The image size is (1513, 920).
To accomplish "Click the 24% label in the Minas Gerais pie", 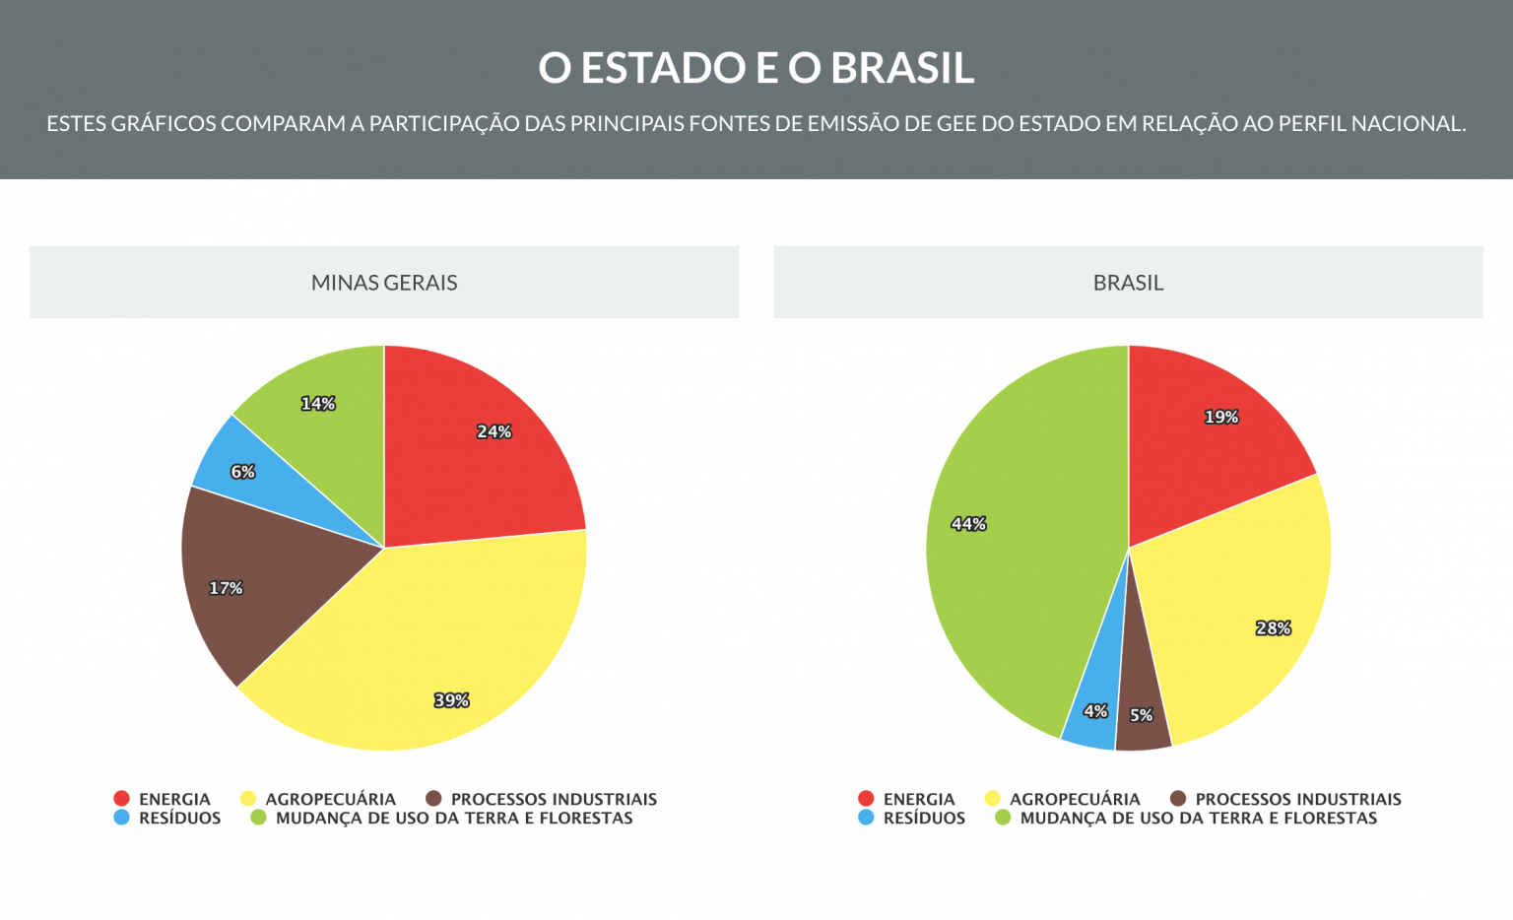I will pos(493,431).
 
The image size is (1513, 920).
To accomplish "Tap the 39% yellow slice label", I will pos(451,700).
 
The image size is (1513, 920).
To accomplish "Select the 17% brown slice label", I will pos(226,588).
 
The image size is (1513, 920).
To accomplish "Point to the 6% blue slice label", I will pos(242,472).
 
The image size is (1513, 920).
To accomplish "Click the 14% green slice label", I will pos(318,404).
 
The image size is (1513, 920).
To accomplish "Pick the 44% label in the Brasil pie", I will pos(968,524).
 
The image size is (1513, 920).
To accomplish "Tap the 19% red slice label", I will pos(1221,417).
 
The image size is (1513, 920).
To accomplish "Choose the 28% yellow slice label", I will pos(1273,628).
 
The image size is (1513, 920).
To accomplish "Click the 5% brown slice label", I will pos(1141,715).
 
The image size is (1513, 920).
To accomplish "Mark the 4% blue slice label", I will pos(1095,711).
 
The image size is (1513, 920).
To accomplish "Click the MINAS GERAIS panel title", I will pos(384,283).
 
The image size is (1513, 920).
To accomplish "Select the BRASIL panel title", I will pos(1128,283).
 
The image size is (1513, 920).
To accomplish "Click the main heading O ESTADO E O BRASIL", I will pos(756,68).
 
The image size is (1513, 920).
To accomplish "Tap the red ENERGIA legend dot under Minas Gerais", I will pos(122,799).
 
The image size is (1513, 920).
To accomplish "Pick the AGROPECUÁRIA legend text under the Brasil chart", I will pos(1075,799).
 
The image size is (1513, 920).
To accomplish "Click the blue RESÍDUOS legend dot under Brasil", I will pos(866,818).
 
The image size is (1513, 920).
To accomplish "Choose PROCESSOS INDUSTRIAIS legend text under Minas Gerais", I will pos(554,799).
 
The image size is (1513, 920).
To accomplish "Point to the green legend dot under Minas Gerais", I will pos(259,818).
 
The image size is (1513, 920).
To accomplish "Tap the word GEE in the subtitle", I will pos(955,124).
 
